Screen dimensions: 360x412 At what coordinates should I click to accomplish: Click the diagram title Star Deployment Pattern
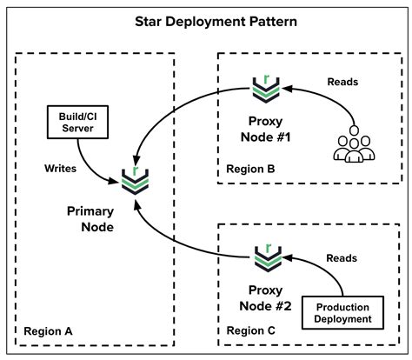pyautogui.click(x=206, y=21)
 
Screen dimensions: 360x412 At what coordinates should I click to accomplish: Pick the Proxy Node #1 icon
pyautogui.click(x=260, y=86)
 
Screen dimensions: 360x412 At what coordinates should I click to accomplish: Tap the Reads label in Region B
pyautogui.click(x=343, y=83)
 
